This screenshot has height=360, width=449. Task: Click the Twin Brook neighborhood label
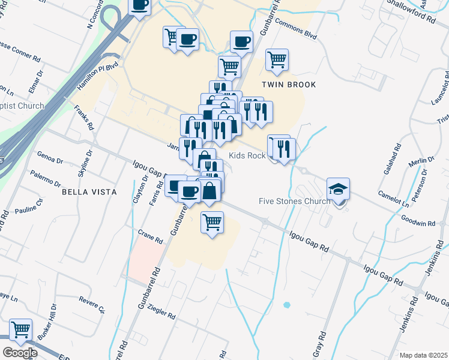tap(288, 85)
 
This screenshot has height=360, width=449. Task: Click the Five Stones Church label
tap(294, 201)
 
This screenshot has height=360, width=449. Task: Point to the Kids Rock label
tap(247, 155)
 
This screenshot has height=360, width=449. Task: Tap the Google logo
tap(20, 352)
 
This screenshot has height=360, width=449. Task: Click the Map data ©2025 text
tap(423, 355)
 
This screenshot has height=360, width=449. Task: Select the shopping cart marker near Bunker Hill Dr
tap(20, 329)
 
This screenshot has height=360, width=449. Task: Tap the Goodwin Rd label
tap(418, 221)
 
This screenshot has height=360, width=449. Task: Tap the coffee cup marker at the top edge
tap(140, 5)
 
